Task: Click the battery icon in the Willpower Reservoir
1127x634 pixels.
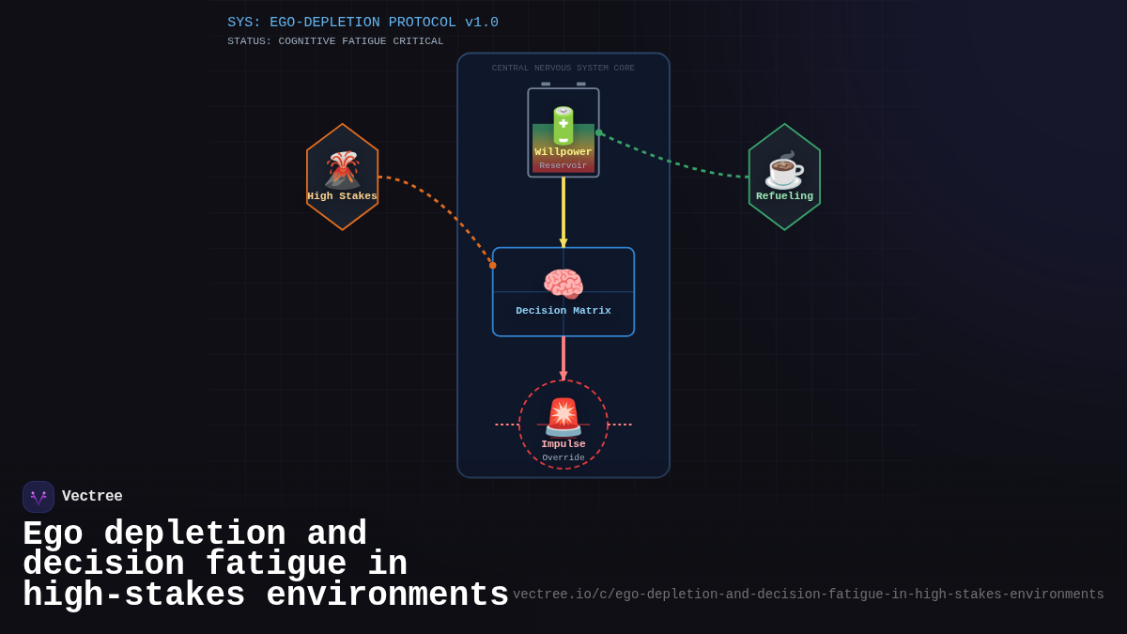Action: click(x=563, y=125)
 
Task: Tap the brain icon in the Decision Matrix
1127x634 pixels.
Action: click(x=563, y=285)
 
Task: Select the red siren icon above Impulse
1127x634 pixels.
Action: click(x=563, y=416)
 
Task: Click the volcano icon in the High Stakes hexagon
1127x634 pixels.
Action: click(x=342, y=170)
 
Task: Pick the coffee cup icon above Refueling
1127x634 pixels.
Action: click(x=784, y=170)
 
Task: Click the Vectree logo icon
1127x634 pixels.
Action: click(x=39, y=497)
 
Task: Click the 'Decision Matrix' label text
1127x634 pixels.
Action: click(x=563, y=311)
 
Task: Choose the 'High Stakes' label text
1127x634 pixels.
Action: click(x=342, y=196)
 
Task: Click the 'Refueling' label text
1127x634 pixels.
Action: click(x=784, y=196)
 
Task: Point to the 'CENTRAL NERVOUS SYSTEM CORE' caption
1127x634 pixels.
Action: click(x=563, y=69)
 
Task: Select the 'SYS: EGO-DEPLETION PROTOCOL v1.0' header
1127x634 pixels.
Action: click(x=363, y=23)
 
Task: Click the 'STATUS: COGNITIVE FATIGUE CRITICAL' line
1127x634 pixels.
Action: click(x=335, y=41)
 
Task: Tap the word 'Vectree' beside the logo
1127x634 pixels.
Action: click(x=92, y=497)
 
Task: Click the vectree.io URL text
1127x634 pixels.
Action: click(x=808, y=595)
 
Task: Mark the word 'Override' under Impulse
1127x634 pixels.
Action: click(x=563, y=458)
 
